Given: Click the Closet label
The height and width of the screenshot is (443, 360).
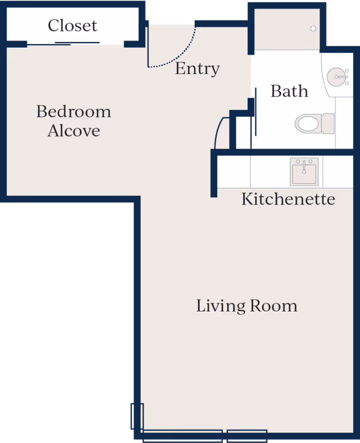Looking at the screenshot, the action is (x=72, y=26).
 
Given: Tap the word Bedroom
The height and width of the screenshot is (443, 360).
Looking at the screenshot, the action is (x=74, y=112).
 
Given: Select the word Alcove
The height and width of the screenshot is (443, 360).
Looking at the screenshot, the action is (x=74, y=130).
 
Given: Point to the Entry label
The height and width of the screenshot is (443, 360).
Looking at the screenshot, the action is (x=197, y=69).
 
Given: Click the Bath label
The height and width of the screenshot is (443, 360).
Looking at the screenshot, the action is (x=289, y=91).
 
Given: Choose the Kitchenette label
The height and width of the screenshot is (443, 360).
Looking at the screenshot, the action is (x=288, y=199).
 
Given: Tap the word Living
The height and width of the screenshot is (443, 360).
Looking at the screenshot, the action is (x=220, y=306).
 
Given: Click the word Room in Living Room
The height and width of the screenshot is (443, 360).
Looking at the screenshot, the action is (x=274, y=306).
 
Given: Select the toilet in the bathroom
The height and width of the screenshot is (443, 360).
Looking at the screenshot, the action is (x=315, y=124).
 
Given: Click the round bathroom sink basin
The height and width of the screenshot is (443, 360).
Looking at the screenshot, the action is (x=337, y=76).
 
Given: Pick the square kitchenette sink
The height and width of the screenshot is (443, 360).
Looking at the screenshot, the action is (x=304, y=171).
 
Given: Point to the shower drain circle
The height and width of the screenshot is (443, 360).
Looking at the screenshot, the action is (x=313, y=28).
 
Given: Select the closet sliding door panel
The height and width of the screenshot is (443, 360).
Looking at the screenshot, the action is (x=63, y=44).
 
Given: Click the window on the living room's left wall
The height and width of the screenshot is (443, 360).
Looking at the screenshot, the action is (x=137, y=416).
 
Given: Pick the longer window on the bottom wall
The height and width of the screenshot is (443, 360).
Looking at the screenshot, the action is (x=183, y=436).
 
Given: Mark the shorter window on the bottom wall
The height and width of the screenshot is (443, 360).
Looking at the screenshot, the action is (x=247, y=436).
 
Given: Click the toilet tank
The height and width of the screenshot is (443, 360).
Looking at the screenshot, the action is (x=328, y=124).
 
